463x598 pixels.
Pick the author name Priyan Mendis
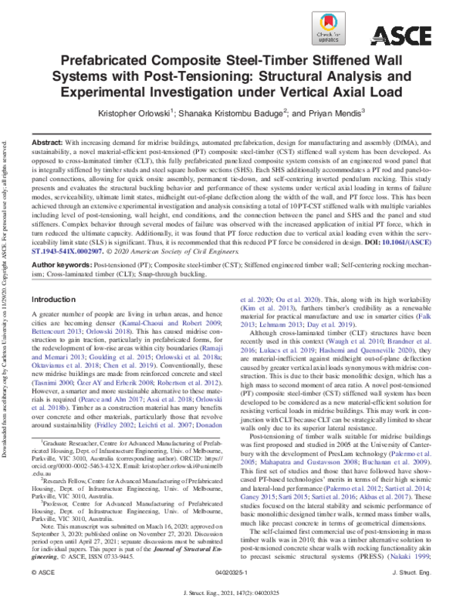[x=333, y=113]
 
